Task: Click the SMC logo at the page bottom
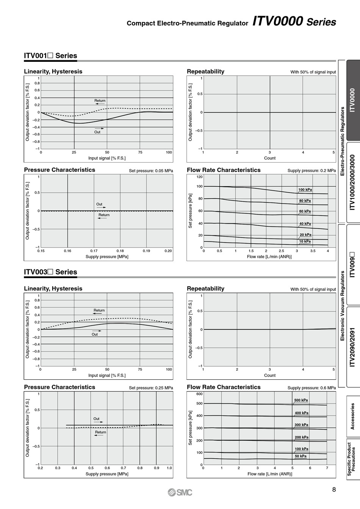180,492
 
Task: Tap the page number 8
334,489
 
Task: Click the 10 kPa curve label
305,241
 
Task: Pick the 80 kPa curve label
305,200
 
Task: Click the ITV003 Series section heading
50,272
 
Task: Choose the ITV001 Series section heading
50,55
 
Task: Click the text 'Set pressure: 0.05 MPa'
151,171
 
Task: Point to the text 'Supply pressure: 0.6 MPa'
311,388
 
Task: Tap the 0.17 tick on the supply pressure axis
94,251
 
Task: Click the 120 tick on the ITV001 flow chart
199,177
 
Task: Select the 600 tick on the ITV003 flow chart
199,394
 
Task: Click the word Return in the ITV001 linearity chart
100,100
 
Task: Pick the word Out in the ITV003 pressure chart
96,418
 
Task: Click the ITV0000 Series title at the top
294,21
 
